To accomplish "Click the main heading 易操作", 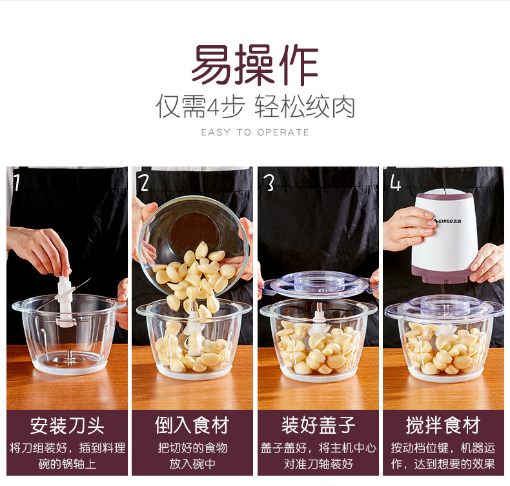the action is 254,65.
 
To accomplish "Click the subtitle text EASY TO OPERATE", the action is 255,132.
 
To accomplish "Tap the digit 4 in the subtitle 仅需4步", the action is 214,107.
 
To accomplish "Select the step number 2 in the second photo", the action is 144,183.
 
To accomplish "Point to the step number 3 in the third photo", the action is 269,183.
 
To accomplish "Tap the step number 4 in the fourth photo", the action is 395,183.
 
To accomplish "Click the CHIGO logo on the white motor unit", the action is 448,221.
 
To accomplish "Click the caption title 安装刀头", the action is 67,425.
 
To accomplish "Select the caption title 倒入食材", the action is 192,425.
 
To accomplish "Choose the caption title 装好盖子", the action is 318,425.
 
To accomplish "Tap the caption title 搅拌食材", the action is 443,425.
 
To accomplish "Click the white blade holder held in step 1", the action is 65,301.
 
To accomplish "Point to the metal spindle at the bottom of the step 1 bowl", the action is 69,354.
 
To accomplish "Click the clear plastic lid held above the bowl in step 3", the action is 318,283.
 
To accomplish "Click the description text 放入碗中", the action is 192,463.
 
